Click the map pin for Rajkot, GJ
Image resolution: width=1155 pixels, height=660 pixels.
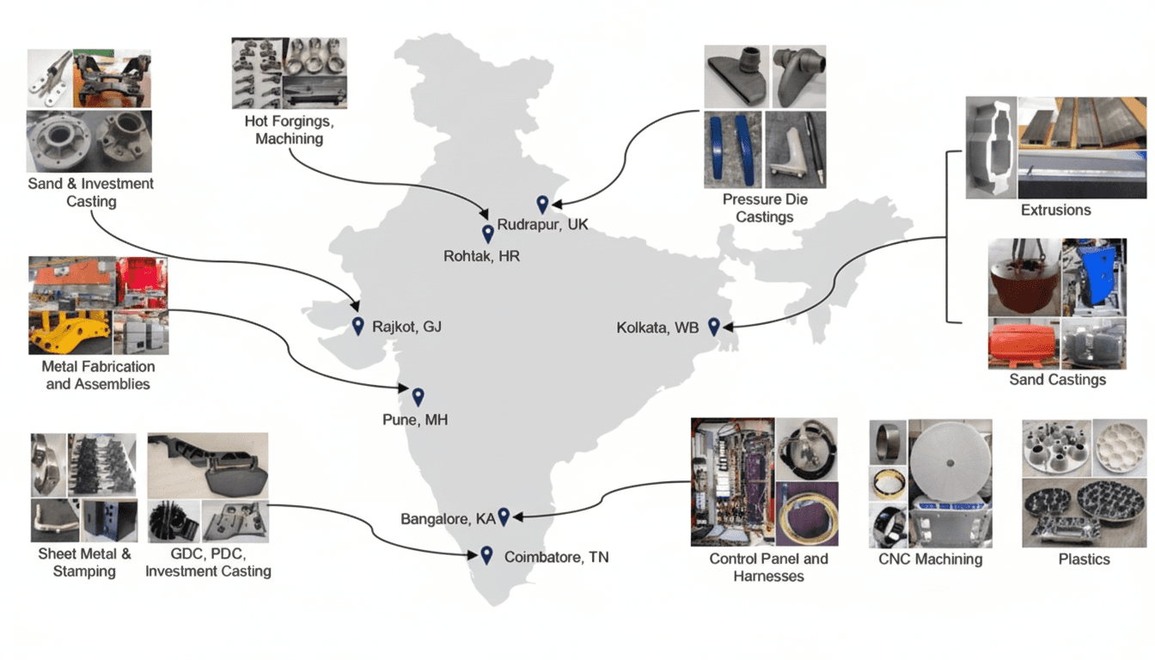pyautogui.click(x=358, y=326)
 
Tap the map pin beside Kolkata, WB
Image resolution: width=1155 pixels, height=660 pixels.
pyautogui.click(x=713, y=326)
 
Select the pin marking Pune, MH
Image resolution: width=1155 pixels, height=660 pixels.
pyautogui.click(x=418, y=396)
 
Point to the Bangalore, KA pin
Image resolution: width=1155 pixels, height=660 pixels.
pyautogui.click(x=504, y=516)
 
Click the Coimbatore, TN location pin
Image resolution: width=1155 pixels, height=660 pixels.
pyautogui.click(x=486, y=555)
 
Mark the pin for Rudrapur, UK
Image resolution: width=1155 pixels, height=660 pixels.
pyautogui.click(x=542, y=205)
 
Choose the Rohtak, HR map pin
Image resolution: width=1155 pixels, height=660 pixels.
pyautogui.click(x=487, y=233)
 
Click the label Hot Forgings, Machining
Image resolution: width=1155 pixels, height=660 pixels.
pyautogui.click(x=289, y=129)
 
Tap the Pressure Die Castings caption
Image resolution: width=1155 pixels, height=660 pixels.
pyautogui.click(x=765, y=208)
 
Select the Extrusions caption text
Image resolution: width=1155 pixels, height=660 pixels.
pyautogui.click(x=1055, y=210)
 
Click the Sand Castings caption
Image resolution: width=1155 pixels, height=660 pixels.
pyautogui.click(x=1057, y=379)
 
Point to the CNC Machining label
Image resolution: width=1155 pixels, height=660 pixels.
pyautogui.click(x=930, y=559)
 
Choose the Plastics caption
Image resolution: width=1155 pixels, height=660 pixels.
pyautogui.click(x=1084, y=559)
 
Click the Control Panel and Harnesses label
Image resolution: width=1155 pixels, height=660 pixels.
pyautogui.click(x=768, y=567)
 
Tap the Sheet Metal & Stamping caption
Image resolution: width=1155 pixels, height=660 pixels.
pyautogui.click(x=84, y=562)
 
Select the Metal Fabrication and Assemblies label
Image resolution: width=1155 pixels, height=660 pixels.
pyautogui.click(x=97, y=375)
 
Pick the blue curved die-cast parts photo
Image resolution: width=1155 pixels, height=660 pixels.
pyautogui.click(x=732, y=150)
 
